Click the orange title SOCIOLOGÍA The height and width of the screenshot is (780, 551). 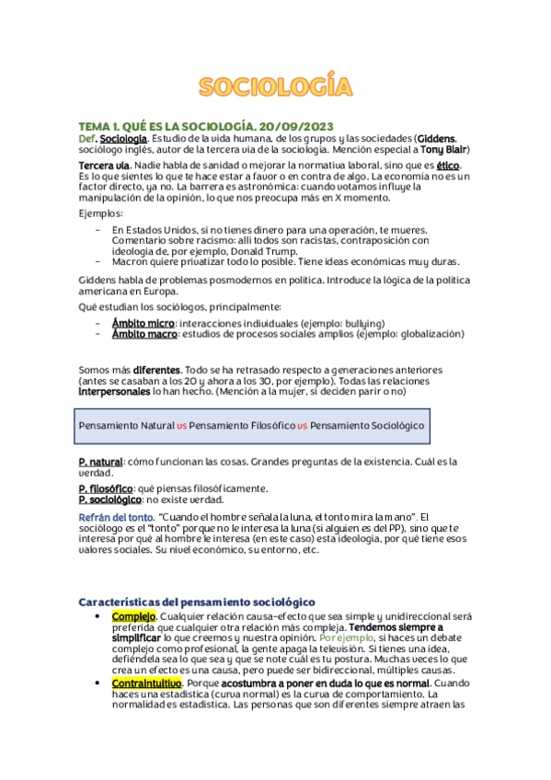click(x=276, y=88)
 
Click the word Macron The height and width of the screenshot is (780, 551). click(x=131, y=261)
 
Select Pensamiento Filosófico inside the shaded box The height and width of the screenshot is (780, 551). click(x=242, y=426)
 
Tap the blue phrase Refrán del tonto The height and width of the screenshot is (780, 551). click(x=116, y=518)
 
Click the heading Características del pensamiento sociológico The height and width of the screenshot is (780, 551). click(x=197, y=601)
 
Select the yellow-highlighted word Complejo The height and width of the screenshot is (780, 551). click(x=132, y=615)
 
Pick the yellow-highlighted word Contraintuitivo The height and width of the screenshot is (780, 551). click(x=146, y=684)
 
